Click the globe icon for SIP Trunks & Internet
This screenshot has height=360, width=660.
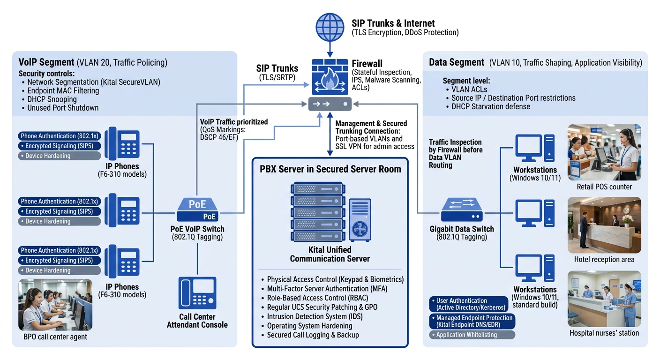click(330, 26)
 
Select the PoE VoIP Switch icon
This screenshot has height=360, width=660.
click(197, 210)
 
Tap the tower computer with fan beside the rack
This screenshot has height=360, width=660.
click(360, 219)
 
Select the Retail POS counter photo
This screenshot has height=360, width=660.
click(604, 152)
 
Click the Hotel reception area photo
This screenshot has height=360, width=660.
click(604, 225)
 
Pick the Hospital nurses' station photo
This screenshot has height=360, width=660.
click(604, 299)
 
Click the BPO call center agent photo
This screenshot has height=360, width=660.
click(55, 305)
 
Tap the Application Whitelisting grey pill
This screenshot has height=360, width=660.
click(472, 335)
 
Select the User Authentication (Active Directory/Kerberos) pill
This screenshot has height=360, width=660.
click(469, 304)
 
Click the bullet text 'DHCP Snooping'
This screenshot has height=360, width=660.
click(52, 99)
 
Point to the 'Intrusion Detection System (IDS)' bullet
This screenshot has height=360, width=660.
click(315, 316)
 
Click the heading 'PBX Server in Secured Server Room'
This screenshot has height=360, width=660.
click(330, 169)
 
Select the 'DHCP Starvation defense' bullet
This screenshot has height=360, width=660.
click(490, 106)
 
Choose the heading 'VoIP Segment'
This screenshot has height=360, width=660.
click(46, 62)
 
